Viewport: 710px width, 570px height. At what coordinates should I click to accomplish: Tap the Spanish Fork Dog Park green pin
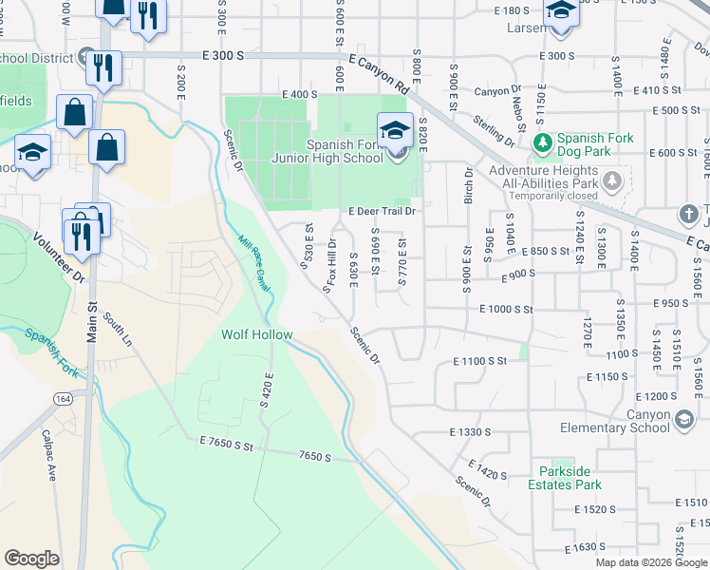click(x=542, y=143)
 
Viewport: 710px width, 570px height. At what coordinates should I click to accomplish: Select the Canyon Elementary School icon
click(x=683, y=419)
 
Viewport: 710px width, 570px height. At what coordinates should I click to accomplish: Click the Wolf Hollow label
click(x=256, y=335)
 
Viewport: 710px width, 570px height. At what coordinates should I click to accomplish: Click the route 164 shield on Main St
click(x=63, y=400)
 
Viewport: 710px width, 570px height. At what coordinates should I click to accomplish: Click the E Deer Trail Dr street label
click(x=383, y=212)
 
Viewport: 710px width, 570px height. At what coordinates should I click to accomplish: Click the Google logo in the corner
click(x=31, y=558)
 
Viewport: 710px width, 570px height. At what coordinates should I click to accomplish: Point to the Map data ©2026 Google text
click(x=652, y=562)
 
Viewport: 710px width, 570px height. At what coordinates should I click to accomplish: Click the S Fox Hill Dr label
click(x=329, y=267)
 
